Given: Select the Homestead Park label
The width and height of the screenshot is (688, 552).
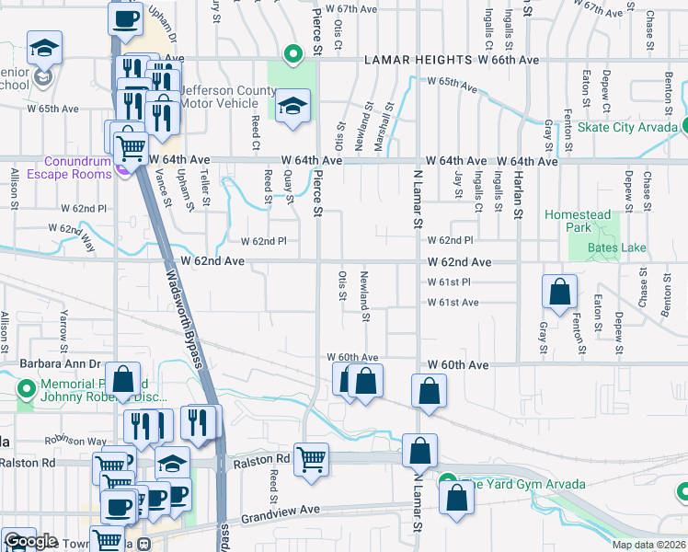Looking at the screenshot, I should coord(577,221).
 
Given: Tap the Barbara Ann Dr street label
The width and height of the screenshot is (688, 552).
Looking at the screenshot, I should coord(60,364).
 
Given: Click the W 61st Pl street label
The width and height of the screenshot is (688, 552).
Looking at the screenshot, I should coord(449,282).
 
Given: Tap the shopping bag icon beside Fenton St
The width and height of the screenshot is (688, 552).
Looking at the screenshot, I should coord(559,293).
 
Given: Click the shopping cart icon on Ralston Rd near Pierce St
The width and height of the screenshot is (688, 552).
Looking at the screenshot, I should coord(311,458).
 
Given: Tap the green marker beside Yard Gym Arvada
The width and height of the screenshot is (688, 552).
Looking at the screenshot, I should coord(448,481).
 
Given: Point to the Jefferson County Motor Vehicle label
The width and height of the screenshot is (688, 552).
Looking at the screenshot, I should coord(227,98).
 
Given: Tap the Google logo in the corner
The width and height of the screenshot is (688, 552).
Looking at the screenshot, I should coord(29,541).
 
